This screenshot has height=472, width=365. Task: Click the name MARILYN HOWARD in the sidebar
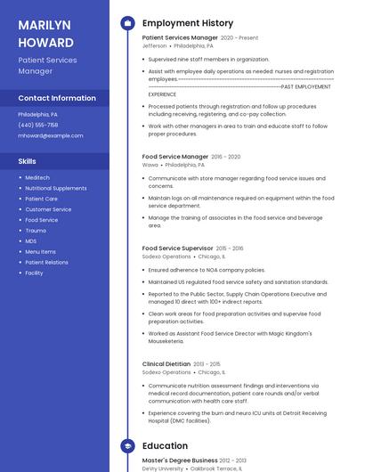coord(45,33)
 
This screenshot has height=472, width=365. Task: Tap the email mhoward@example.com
coord(51,135)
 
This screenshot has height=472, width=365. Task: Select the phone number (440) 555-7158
coord(38,125)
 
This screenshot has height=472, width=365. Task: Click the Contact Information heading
coord(57,98)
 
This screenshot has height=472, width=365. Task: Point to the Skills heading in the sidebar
coord(28,161)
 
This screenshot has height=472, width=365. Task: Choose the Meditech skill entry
coord(37,178)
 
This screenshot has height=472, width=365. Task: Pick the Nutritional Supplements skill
coord(56,188)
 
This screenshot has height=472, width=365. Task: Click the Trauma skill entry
coord(36,231)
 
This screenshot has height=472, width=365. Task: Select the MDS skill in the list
coord(31,241)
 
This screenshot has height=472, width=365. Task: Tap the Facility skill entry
coord(34,273)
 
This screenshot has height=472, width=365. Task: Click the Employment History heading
coord(188,23)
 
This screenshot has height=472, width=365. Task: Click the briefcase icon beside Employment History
coord(127,23)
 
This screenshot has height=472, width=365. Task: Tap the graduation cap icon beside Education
coord(127,445)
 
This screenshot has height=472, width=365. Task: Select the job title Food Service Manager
coord(175,157)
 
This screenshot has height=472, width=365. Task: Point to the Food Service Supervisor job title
coord(178,248)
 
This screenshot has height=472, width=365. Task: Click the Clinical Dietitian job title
coord(166,364)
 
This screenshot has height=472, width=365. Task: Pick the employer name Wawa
coord(150,165)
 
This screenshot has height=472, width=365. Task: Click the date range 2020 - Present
coord(239,38)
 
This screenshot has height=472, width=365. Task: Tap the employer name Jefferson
coord(154,45)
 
